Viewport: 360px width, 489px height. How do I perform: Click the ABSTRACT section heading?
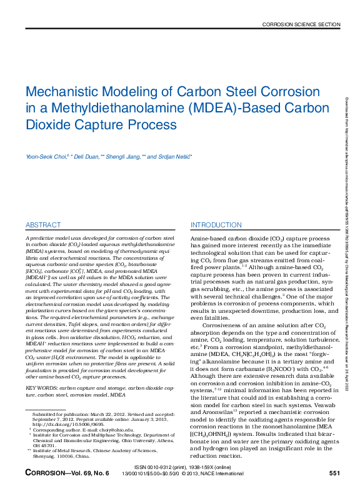[x=43, y=225]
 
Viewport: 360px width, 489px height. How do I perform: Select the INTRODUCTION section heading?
[x=216, y=225]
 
